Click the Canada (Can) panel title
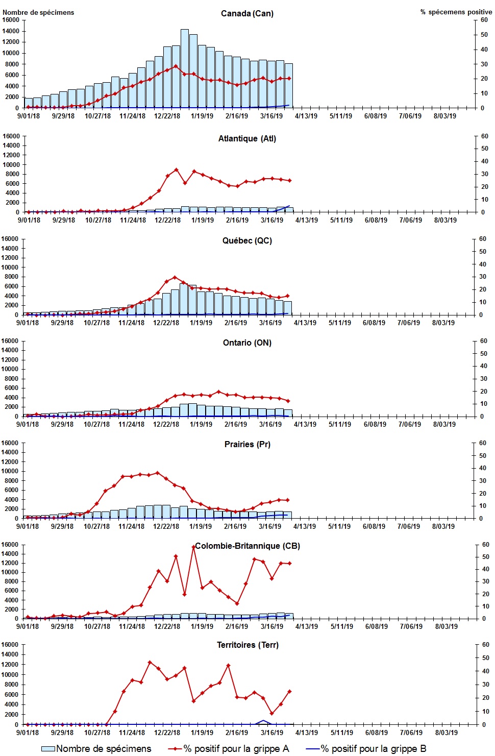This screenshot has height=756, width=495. [x=247, y=13]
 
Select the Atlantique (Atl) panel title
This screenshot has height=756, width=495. [x=247, y=138]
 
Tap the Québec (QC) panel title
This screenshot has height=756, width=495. [x=247, y=240]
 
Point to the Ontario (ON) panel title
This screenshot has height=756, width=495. [x=247, y=343]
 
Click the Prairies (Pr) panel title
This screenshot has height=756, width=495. [x=247, y=444]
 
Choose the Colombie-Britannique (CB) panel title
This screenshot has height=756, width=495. [x=247, y=546]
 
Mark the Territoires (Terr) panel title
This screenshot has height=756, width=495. [x=247, y=645]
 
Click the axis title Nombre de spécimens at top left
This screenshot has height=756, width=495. [x=38, y=12]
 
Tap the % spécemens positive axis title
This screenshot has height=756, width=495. [x=456, y=12]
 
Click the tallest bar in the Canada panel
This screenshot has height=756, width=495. [x=184, y=68]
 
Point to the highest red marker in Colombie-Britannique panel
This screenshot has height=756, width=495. [x=193, y=547]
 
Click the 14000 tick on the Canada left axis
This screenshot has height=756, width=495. [x=11, y=31]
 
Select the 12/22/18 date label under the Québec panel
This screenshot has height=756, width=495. [x=166, y=323]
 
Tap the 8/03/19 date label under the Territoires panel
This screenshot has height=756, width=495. [x=446, y=733]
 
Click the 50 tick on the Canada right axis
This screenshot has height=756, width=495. [x=484, y=35]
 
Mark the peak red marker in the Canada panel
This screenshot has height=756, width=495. [x=176, y=66]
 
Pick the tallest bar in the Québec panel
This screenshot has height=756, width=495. [x=184, y=299]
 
